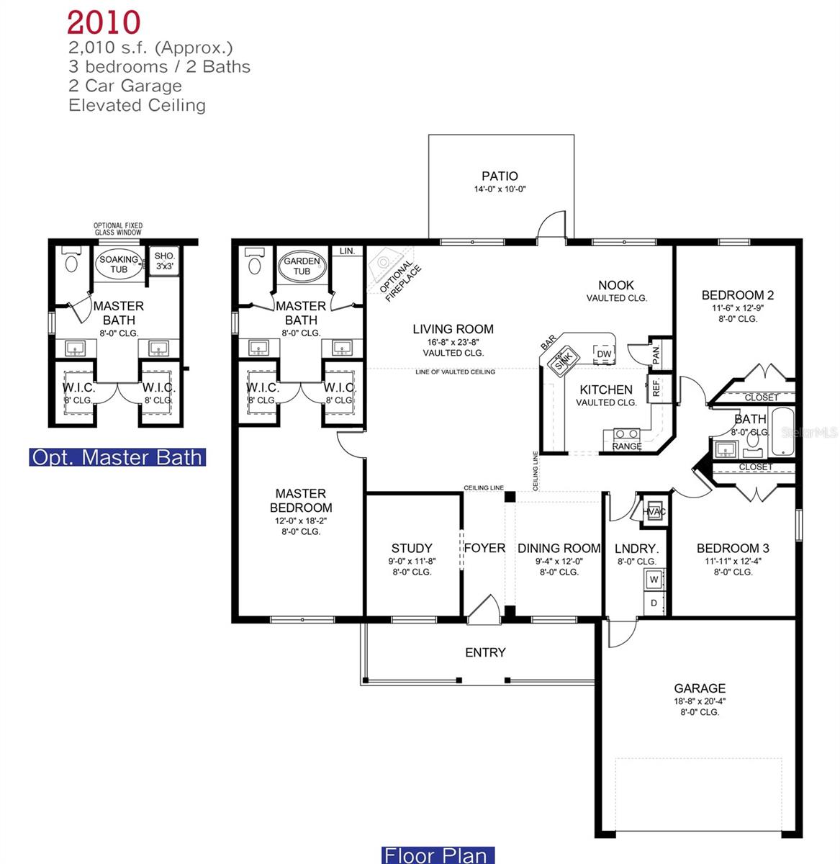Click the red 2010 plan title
[x=104, y=22]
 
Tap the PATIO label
[x=500, y=176]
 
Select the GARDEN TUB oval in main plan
[x=302, y=266]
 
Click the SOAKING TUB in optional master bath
[x=119, y=264]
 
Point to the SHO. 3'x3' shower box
[x=164, y=261]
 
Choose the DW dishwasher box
[x=603, y=354]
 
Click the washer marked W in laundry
[x=654, y=579]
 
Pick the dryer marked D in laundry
[x=654, y=603]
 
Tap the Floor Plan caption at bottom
[x=438, y=855]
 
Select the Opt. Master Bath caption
[x=117, y=457]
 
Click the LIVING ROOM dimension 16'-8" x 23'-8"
[x=453, y=342]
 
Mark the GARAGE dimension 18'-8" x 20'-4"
[x=699, y=701]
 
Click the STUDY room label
[x=412, y=548]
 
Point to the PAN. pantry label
[x=656, y=353]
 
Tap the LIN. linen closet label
[x=347, y=251]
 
